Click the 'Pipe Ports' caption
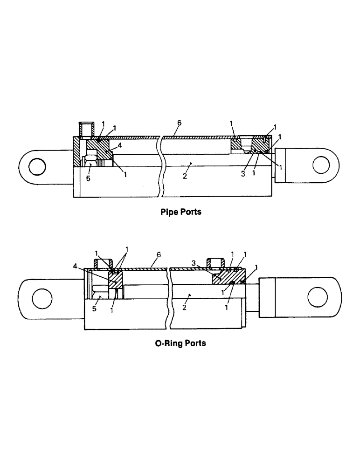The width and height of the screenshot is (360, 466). pyautogui.click(x=181, y=212)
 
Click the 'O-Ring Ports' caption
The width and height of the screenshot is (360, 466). pyautogui.click(x=180, y=343)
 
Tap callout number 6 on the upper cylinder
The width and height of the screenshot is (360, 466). pyautogui.click(x=180, y=123)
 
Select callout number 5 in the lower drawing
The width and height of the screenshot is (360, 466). pyautogui.click(x=94, y=308)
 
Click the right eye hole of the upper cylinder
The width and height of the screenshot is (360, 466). pyautogui.click(x=321, y=164)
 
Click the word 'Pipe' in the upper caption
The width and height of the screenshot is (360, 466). pyautogui.click(x=169, y=212)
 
